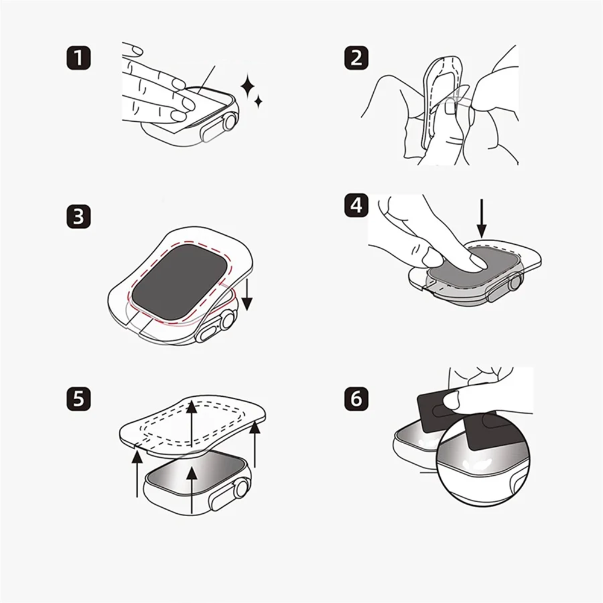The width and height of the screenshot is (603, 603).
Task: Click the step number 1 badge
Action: point(79,58)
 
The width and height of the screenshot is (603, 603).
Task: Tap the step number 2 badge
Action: point(356,58)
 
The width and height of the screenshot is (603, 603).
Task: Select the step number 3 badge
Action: point(79,216)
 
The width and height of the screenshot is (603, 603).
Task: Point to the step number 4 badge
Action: point(356,205)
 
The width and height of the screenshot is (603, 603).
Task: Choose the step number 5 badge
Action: point(79,399)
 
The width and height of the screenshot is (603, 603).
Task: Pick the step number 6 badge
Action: point(356,399)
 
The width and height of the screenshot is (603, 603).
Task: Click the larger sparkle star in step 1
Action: point(248,86)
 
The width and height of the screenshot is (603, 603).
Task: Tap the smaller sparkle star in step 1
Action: point(259,101)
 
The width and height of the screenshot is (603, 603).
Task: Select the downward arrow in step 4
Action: point(481,218)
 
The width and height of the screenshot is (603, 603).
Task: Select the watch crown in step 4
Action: point(516,282)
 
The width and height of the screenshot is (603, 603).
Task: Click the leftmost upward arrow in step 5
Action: point(137,474)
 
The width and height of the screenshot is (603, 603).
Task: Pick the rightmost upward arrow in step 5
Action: point(254,444)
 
